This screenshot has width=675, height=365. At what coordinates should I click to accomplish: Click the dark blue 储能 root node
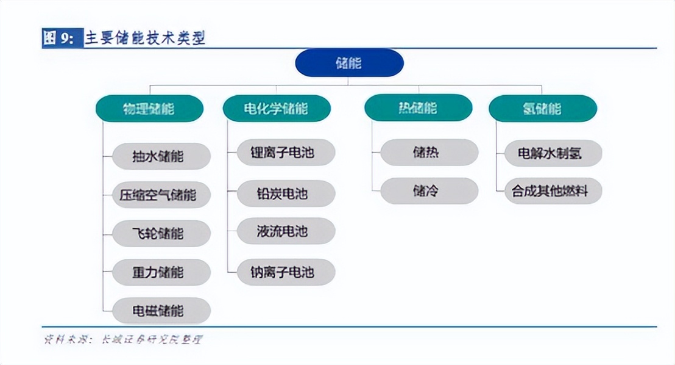tap(349, 62)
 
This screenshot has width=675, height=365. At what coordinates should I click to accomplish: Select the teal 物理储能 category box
tap(149, 109)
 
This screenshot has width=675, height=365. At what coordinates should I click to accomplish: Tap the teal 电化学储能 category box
tap(276, 109)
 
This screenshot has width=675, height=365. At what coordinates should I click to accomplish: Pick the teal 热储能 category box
tap(418, 108)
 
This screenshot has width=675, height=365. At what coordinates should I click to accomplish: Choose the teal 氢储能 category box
tap(542, 108)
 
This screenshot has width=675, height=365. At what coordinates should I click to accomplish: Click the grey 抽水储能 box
tap(161, 156)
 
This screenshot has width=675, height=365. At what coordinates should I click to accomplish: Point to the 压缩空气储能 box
tap(161, 195)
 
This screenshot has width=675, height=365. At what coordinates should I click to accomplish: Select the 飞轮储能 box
tap(161, 233)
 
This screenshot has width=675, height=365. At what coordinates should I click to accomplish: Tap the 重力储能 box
tap(161, 272)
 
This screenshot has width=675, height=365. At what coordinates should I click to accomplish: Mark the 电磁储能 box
tap(161, 310)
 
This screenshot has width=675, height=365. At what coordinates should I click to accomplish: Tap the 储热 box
tap(429, 153)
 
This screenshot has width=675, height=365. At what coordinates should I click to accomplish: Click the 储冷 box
tap(429, 190)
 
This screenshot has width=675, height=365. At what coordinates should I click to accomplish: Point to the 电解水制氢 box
tap(553, 153)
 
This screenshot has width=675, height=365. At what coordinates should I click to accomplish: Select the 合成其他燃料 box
tap(553, 190)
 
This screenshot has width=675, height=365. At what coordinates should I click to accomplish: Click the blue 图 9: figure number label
tap(58, 38)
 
